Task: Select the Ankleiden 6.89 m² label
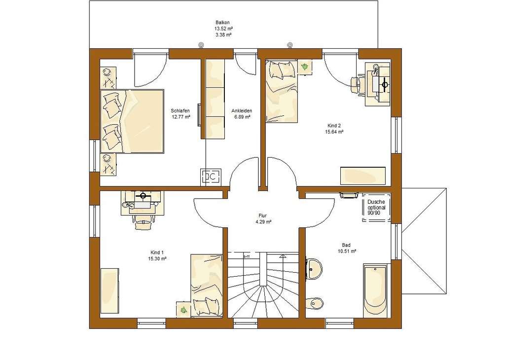click(x=242, y=111)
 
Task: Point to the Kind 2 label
click(x=334, y=125)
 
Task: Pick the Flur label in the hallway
click(x=262, y=216)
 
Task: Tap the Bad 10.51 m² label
click(x=347, y=245)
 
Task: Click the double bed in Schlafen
click(x=132, y=121)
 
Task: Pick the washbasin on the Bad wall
click(x=314, y=268)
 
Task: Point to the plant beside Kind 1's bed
click(x=184, y=309)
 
